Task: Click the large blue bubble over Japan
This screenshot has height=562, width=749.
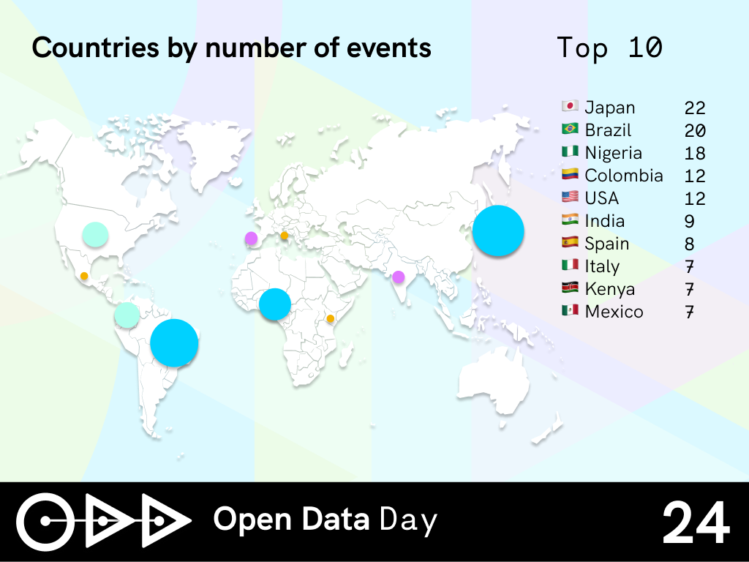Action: [498, 231]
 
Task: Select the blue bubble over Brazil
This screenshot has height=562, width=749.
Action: [174, 342]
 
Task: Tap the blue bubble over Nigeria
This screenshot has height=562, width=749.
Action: [275, 304]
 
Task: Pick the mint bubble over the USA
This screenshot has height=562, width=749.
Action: [95, 235]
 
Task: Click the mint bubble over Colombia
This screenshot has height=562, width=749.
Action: [127, 315]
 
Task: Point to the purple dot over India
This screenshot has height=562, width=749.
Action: [399, 277]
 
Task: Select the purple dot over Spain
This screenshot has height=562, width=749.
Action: [252, 238]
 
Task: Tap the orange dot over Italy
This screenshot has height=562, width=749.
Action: [285, 236]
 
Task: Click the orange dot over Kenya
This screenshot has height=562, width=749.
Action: [330, 319]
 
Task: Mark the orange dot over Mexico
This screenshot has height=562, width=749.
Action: [84, 276]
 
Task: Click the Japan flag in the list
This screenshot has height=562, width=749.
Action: [570, 106]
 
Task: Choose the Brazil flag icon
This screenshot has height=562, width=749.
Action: [570, 129]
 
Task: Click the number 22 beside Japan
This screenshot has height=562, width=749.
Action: [695, 108]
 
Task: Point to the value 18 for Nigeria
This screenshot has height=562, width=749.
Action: [695, 154]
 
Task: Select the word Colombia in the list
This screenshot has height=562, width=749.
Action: [624, 176]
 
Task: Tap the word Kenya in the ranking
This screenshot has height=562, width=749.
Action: [610, 289]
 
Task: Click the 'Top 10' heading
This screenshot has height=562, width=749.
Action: [609, 48]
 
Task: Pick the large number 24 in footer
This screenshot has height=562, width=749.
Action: [696, 522]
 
